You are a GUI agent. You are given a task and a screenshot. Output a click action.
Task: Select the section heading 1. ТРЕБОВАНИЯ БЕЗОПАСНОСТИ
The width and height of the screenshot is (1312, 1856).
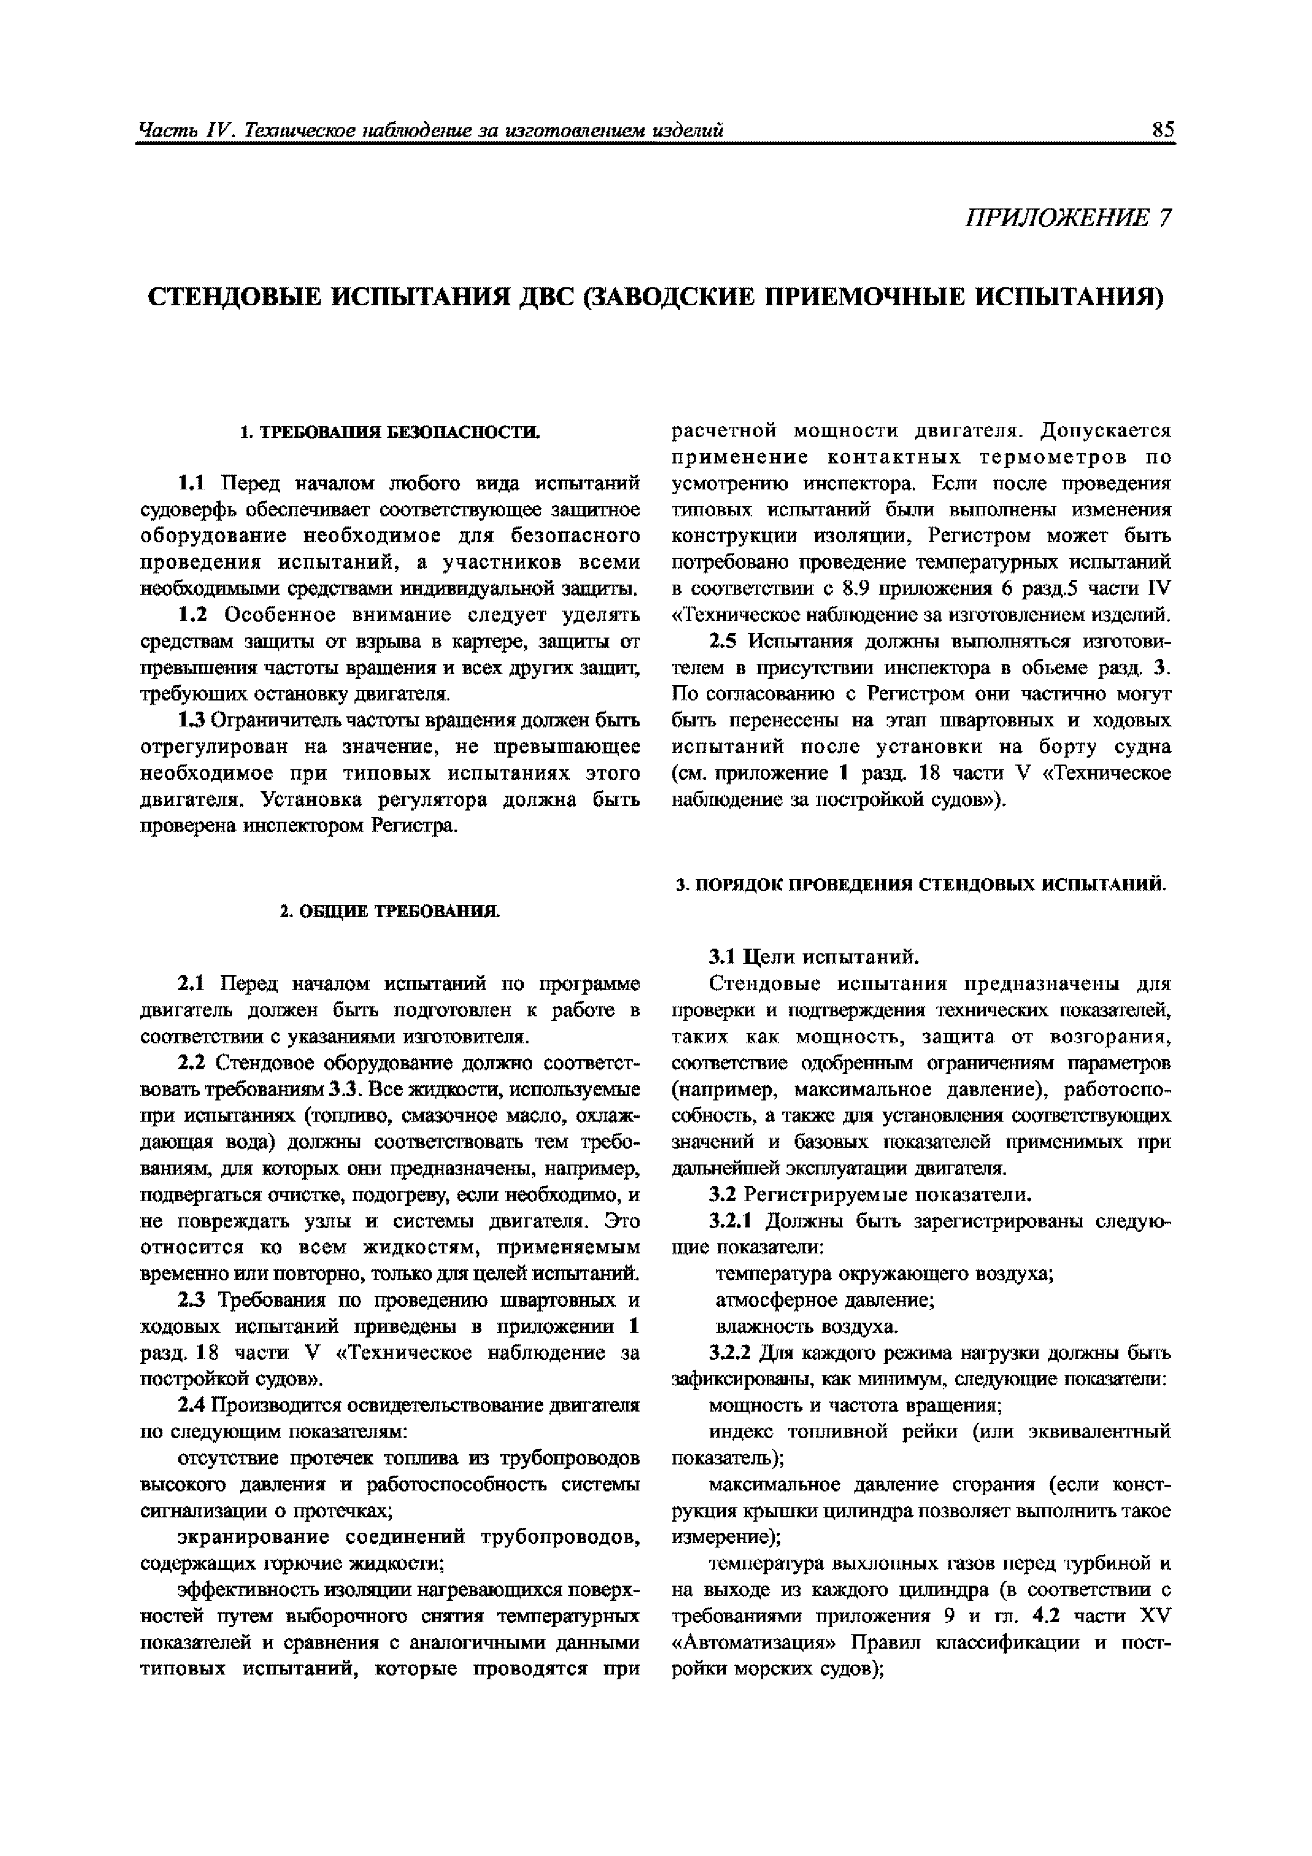click(390, 432)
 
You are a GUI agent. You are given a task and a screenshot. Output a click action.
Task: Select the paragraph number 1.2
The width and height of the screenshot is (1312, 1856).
click(193, 615)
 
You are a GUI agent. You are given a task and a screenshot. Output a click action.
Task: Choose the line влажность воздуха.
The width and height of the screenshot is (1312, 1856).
click(807, 1326)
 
